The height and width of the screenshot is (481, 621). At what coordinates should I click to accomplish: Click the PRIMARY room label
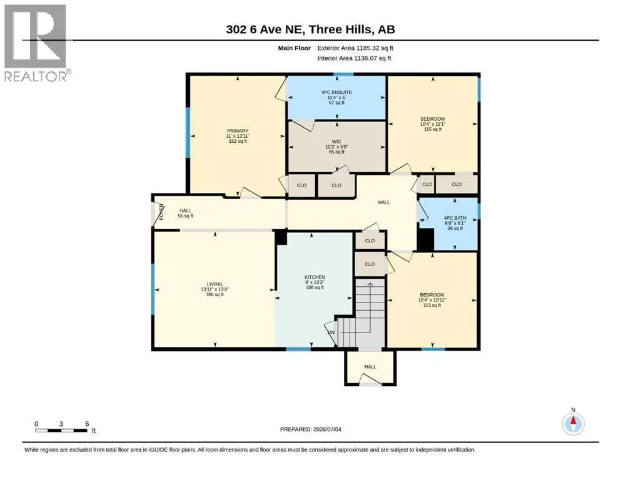pos(238,136)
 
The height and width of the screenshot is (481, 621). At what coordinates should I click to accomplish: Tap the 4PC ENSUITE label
pos(336,97)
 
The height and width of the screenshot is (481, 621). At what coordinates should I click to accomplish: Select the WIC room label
pos(336,147)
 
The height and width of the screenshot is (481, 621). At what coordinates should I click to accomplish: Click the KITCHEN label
pos(315,282)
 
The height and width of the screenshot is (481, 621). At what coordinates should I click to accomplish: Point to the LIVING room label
pos(215,289)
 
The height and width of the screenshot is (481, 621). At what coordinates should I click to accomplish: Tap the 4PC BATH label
pos(455,223)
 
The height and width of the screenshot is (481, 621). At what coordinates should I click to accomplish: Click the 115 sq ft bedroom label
pos(433,124)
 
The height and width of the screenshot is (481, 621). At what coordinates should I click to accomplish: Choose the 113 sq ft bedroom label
pos(432,300)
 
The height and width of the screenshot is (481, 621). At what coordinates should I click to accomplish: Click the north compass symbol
pos(573,423)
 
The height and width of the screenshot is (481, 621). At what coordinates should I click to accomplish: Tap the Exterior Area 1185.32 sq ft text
pos(355,48)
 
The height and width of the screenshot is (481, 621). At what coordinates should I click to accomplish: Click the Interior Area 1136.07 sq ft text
pos(354,58)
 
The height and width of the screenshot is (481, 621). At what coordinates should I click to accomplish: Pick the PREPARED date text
pos(310,429)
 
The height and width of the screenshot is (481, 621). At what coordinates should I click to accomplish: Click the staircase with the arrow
pos(361,313)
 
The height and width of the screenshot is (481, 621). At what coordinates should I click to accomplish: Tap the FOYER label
pos(161,211)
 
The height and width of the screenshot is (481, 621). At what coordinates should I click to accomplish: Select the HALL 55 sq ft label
pos(185,214)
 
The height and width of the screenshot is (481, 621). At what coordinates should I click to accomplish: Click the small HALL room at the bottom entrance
pos(370,367)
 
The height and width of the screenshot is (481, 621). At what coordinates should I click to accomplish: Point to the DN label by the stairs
pos(331,333)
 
